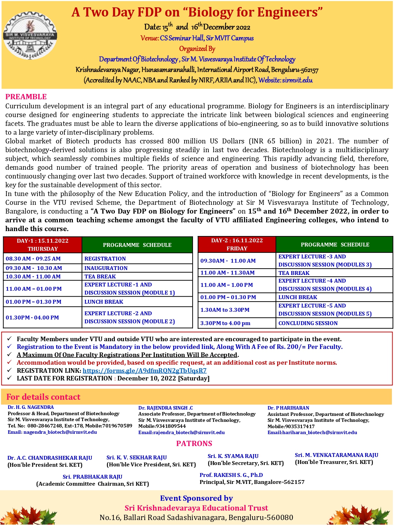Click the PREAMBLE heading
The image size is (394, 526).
pos(26,97)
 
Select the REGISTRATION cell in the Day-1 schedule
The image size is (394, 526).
pos(105,259)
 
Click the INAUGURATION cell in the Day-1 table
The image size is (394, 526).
pos(106,268)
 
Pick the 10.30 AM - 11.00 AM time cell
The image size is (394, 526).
pos(33,277)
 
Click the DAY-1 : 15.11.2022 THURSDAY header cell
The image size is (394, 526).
pos(43,245)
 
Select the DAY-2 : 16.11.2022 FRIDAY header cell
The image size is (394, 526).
pos(237,244)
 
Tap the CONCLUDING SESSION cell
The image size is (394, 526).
pos(308,323)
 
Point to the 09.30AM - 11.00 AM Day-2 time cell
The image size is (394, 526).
pos(228,261)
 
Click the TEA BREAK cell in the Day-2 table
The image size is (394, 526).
pos(294,273)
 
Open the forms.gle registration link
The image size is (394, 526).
pos(145,371)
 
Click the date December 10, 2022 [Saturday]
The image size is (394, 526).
pos(163,378)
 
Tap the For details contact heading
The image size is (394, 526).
pos(43,397)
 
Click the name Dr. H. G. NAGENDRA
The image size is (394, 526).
pos(31,407)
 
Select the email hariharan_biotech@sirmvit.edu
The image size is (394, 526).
pos(312,433)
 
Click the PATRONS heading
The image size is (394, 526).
pos(194,444)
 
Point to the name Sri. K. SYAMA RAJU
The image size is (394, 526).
pos(233,456)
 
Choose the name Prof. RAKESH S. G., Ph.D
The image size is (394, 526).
pos(231,475)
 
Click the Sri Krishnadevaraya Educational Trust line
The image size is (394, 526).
pos(196,508)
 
